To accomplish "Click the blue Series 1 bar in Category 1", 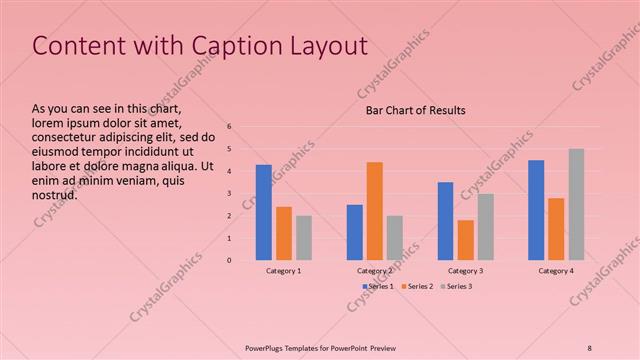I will coord(264,212).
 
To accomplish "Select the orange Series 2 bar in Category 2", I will coord(374,211).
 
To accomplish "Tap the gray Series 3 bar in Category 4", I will coord(577,205).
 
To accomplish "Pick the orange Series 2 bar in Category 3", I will coord(465,240).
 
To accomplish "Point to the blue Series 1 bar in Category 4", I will coord(536,210).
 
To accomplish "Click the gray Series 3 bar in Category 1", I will coord(304,238).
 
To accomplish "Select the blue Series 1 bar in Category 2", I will coord(355,232).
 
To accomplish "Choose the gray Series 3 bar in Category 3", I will coord(485,227).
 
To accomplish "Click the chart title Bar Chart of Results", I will coord(415,110).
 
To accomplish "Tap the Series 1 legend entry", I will coord(378,287).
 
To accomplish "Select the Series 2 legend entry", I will coord(418,287).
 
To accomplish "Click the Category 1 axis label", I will coord(284,271).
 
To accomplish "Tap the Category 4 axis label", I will coord(556,271).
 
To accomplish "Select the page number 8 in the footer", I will coord(589,347).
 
